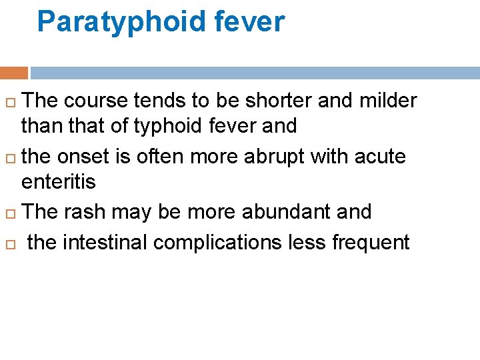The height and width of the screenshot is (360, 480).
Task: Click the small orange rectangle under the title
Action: point(14,73)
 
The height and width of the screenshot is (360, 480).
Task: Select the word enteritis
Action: point(59,181)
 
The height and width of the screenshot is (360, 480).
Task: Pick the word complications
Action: point(219,242)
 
